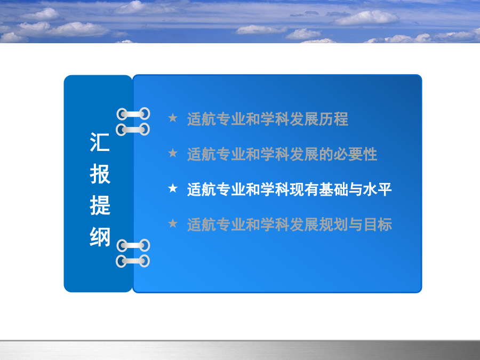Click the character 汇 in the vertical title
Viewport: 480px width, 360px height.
pyautogui.click(x=100, y=142)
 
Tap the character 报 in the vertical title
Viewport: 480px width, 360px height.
pyautogui.click(x=100, y=173)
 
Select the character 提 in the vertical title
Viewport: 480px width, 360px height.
pyautogui.click(x=100, y=205)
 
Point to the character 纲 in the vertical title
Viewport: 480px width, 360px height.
pyautogui.click(x=100, y=237)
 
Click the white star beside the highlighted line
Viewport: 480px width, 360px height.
pyautogui.click(x=173, y=188)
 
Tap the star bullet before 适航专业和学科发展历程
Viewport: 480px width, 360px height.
pyautogui.click(x=173, y=117)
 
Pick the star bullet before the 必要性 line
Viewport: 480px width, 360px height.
pyautogui.click(x=173, y=153)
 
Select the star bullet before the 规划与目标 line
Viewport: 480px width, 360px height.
pyautogui.click(x=173, y=223)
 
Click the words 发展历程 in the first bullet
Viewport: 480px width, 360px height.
pyautogui.click(x=319, y=119)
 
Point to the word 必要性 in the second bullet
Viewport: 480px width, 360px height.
pyautogui.click(x=355, y=154)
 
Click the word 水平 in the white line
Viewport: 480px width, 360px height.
pyautogui.click(x=377, y=189)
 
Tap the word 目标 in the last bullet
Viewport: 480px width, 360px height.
pyautogui.click(x=377, y=225)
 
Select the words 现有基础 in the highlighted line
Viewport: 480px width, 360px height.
pyautogui.click(x=319, y=189)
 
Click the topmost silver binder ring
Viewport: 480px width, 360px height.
pyautogui.click(x=133, y=114)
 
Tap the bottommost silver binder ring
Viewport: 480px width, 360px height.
pyautogui.click(x=133, y=261)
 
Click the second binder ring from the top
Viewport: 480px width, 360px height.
pyautogui.click(x=133, y=130)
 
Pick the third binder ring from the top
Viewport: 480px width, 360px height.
pyautogui.click(x=133, y=245)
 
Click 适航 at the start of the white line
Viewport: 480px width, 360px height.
pyautogui.click(x=202, y=189)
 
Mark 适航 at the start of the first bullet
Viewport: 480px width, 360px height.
pyautogui.click(x=202, y=119)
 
